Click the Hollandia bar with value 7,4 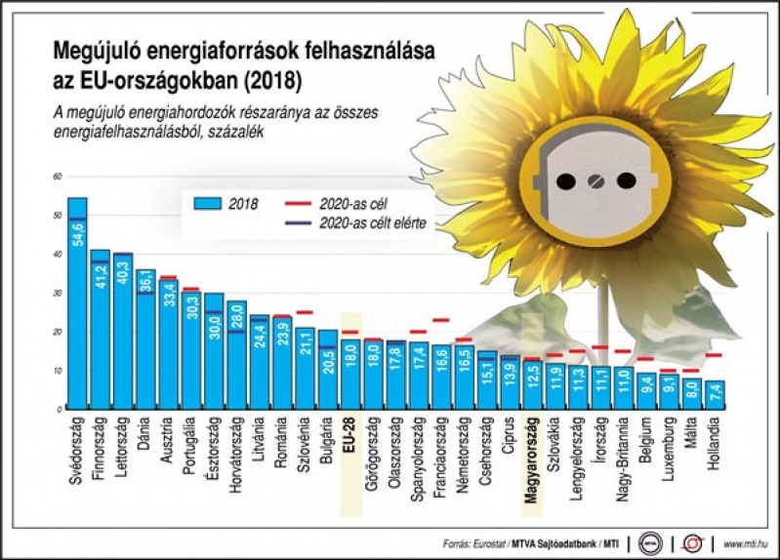[715, 395]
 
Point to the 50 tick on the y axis [57, 215]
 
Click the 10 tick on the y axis [57, 371]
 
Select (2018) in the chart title [273, 75]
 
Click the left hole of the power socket [564, 181]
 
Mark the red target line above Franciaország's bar [441, 320]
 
